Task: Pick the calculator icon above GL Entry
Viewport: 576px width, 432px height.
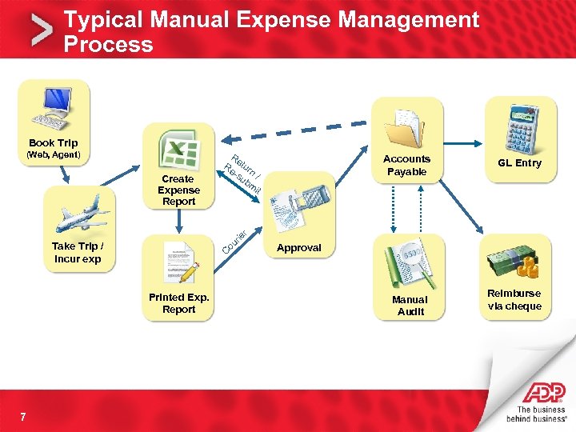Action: point(519,126)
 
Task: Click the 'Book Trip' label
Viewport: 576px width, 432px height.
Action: point(54,143)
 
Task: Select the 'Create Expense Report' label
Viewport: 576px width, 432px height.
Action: point(178,190)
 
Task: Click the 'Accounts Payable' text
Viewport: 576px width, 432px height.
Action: point(406,166)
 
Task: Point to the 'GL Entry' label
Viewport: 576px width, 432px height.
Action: point(519,163)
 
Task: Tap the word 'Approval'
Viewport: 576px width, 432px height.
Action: point(298,248)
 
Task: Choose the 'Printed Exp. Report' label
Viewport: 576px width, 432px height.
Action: point(178,303)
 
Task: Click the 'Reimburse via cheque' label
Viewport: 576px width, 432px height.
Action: point(514,300)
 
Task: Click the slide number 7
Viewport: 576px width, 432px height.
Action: point(24,416)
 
